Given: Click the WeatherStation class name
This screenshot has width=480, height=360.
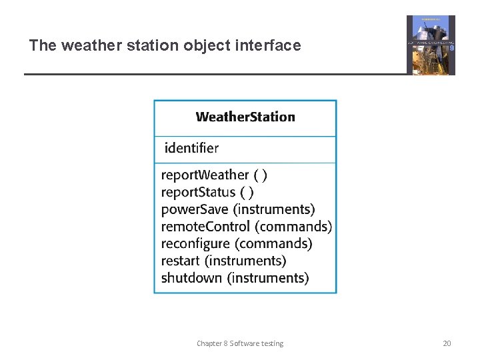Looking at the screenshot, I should [x=245, y=117].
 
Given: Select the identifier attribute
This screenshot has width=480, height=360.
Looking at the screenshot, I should [x=191, y=148].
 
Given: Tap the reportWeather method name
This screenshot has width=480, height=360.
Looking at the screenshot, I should [x=205, y=175].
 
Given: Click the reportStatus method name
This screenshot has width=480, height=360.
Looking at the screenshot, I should [x=198, y=193].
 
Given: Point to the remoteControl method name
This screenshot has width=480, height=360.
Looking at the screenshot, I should [x=205, y=227].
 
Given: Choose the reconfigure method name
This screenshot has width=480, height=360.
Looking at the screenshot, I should [x=195, y=244].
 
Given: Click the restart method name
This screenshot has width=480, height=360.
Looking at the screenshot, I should [x=180, y=261].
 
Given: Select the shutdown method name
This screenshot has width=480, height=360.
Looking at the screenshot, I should [x=191, y=278].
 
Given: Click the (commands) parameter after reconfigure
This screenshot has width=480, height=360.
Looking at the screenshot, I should [x=273, y=244].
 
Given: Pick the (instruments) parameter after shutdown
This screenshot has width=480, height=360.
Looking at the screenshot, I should [x=268, y=278].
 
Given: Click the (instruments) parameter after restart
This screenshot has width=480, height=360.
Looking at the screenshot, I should [x=245, y=261].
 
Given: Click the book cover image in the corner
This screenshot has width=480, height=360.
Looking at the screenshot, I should [x=431, y=45].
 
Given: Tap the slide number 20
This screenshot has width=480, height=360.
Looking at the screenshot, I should [x=447, y=343].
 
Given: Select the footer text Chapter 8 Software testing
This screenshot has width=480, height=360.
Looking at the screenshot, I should [x=239, y=343].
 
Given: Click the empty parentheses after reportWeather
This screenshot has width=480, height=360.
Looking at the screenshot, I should [x=261, y=175].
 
